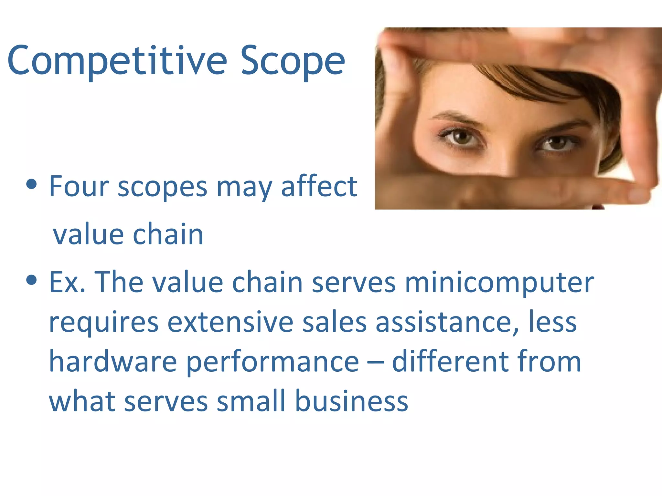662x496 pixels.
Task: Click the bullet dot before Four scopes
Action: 31,185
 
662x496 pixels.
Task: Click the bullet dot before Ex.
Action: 31,280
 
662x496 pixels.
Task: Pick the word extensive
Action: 230,322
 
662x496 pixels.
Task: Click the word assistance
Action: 447,322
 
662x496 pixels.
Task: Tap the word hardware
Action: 112,361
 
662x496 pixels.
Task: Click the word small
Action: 251,401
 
